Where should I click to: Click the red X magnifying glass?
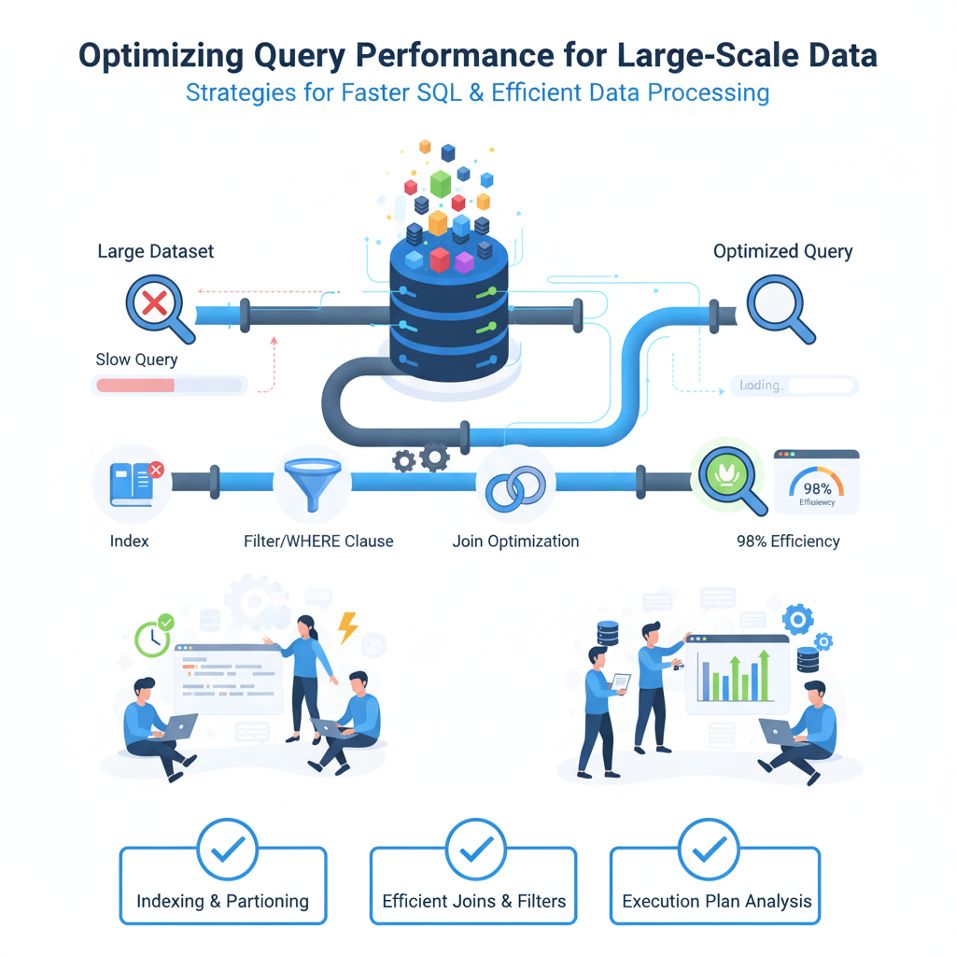click(154, 302)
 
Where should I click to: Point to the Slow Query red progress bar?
click(136, 385)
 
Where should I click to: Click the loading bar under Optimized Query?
click(793, 386)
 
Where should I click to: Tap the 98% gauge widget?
click(816, 482)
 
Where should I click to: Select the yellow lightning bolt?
click(348, 627)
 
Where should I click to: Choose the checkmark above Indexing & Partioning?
click(228, 849)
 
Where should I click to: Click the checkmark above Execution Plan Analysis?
click(710, 849)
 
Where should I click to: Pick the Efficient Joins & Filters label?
click(474, 902)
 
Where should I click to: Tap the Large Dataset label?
click(156, 251)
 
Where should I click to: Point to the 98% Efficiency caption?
click(788, 541)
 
